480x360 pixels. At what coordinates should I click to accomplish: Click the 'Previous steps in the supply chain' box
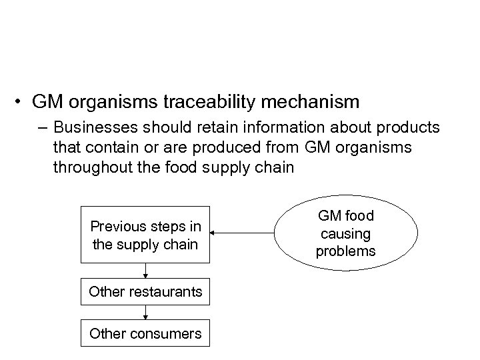coord(145,235)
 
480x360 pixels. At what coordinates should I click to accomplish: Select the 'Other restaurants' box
coord(145,292)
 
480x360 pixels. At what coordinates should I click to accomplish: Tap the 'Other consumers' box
coord(145,333)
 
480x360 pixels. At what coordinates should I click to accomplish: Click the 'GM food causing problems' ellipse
coord(346,233)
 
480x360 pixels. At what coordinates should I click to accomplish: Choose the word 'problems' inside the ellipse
coord(346,251)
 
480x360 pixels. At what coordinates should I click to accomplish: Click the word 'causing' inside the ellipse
coord(346,233)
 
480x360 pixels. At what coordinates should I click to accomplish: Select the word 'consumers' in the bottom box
coord(167,333)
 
